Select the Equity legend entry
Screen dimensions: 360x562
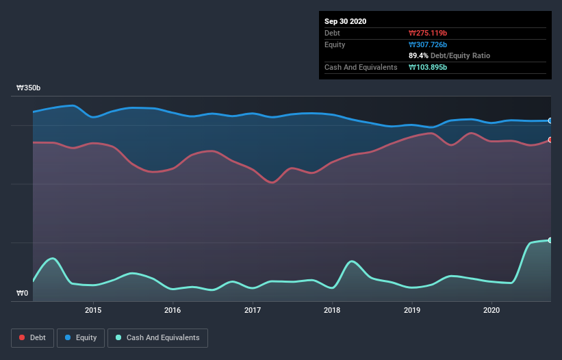click(x=81, y=337)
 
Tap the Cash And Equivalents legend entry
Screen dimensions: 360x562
click(x=157, y=337)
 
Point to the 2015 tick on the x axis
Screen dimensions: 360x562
click(x=93, y=310)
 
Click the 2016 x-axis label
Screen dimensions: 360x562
click(x=173, y=310)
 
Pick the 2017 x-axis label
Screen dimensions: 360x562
click(x=253, y=310)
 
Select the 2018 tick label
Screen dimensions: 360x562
click(x=332, y=310)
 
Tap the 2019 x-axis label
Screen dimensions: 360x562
click(x=412, y=310)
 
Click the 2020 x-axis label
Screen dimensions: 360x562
click(x=491, y=310)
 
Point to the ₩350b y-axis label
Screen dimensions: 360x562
click(x=29, y=88)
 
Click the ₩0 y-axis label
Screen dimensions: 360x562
click(x=23, y=294)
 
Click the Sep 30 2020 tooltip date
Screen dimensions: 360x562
click(x=346, y=21)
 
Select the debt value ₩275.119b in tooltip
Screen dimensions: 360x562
click(x=428, y=33)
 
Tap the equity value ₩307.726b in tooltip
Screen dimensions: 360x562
click(x=428, y=44)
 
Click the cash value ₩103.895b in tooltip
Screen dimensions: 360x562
click(x=428, y=67)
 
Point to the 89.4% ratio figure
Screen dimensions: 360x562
click(x=419, y=55)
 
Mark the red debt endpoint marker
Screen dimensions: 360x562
click(x=550, y=140)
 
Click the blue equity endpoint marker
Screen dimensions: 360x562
click(x=550, y=120)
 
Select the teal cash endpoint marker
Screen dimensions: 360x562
click(x=550, y=240)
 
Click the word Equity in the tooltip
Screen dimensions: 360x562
click(x=335, y=44)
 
